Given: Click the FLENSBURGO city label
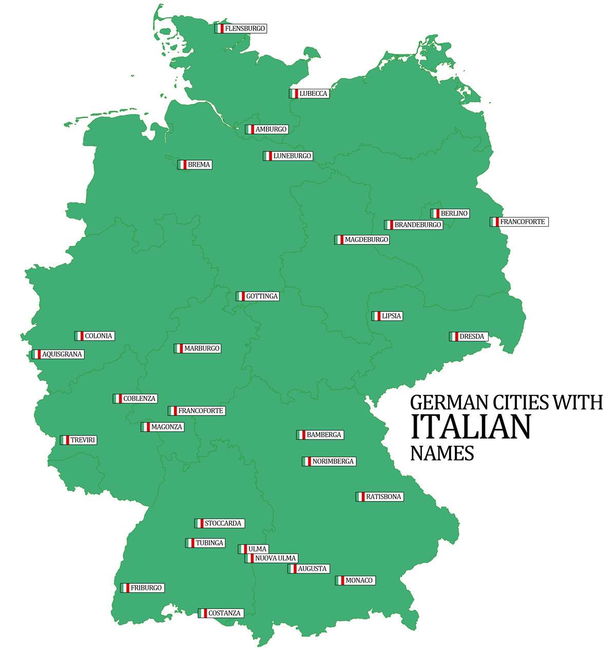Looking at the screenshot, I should pyautogui.click(x=245, y=29).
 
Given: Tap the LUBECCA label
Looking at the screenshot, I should pyautogui.click(x=313, y=94).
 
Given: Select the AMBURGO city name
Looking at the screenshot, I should pyautogui.click(x=271, y=129).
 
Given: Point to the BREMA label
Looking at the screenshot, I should pyautogui.click(x=199, y=165).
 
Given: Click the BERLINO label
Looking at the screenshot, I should pyautogui.click(x=454, y=213).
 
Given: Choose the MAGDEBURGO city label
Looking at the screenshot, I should pyautogui.click(x=366, y=240).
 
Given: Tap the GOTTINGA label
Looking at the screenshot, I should pyautogui.click(x=262, y=296).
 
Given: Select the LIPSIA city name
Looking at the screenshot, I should pyautogui.click(x=391, y=316).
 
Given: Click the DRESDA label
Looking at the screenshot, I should pyautogui.click(x=471, y=336).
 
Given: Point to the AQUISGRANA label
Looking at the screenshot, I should pyautogui.click(x=62, y=354).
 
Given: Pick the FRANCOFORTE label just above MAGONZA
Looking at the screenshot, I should pyautogui.click(x=200, y=411).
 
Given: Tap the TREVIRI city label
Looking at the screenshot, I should pyautogui.click(x=83, y=440).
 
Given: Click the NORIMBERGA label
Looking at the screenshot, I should pyautogui.click(x=333, y=461).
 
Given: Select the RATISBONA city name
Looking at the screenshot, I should pyautogui.click(x=383, y=497).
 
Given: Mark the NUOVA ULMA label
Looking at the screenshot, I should pyautogui.click(x=275, y=558).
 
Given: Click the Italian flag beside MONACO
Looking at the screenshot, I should pyautogui.click(x=340, y=581).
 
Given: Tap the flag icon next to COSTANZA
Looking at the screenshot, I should pyautogui.click(x=203, y=613).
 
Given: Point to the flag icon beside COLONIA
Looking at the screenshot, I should pyautogui.click(x=79, y=336).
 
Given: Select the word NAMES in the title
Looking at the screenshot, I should pyautogui.click(x=442, y=453).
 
